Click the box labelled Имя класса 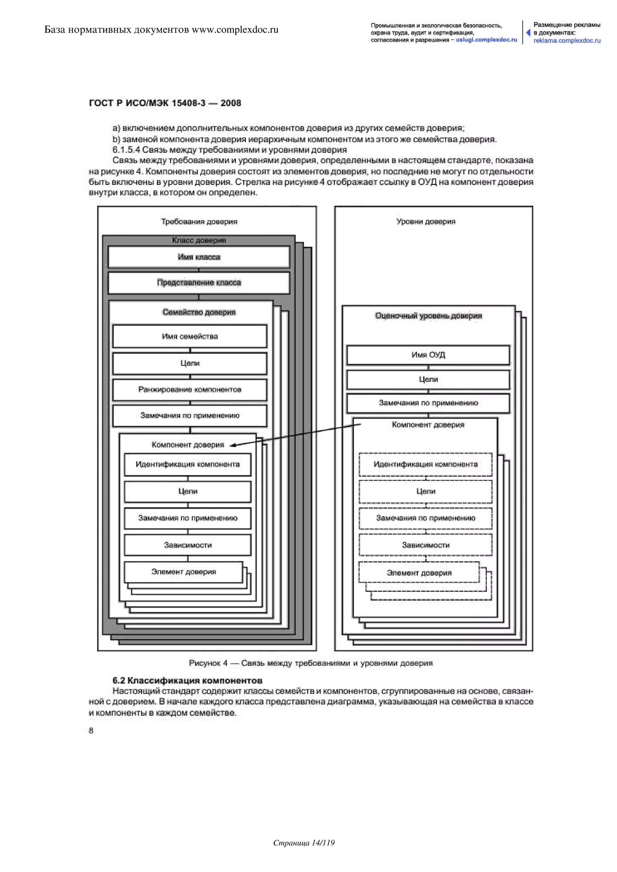[199, 257]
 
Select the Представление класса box [199, 282]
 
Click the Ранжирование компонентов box [189, 390]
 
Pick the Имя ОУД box [428, 355]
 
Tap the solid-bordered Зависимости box [188, 545]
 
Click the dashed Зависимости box [425, 545]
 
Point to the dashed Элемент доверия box [419, 573]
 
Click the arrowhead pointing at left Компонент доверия [233, 445]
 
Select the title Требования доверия [199, 221]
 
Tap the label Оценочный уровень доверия [428, 316]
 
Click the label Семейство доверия [199, 312]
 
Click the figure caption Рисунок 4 [310, 663]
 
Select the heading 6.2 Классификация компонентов [187, 680]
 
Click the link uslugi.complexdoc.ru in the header [486, 40]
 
